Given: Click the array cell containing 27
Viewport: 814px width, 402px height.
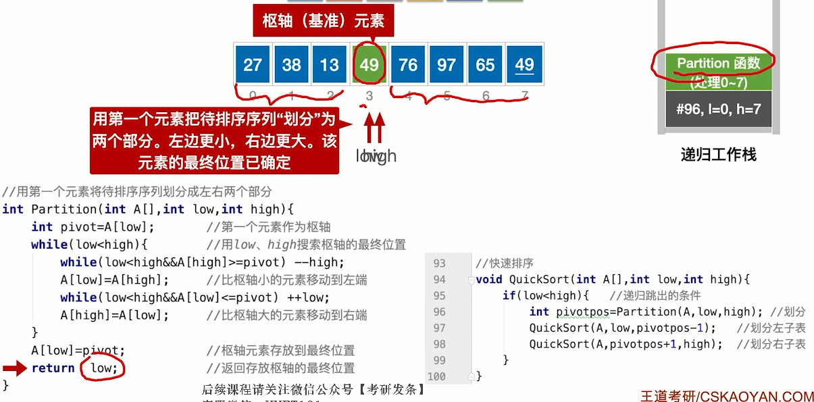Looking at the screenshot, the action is pos(253,65).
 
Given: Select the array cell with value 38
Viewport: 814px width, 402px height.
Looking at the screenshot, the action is pos(291,65).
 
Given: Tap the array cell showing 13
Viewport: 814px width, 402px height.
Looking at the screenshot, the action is pos(330,65).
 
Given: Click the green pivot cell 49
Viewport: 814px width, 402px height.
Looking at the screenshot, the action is pos(369,65).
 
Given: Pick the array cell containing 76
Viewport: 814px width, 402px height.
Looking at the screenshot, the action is pos(408,65).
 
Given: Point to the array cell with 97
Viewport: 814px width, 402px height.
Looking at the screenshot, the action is pos(447,65).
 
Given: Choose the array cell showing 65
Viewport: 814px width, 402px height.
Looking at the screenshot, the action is pos(486,65).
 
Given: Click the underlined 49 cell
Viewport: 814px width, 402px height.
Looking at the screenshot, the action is pos(524,65).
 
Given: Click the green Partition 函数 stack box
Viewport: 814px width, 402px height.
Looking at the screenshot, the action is pos(718,72).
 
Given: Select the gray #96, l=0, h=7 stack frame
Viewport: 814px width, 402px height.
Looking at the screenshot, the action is pos(718,109).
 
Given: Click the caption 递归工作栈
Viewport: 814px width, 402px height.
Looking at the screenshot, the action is pos(718,155).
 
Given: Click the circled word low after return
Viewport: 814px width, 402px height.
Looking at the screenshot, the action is pos(103,368).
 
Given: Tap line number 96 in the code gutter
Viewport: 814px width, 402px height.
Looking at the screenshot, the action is pos(439,311).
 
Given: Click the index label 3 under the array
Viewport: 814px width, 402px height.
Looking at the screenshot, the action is pos(369,97).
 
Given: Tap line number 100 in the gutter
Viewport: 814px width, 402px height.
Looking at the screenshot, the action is pos(436,376).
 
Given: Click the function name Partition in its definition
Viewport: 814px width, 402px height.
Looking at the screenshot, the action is pos(64,209).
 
